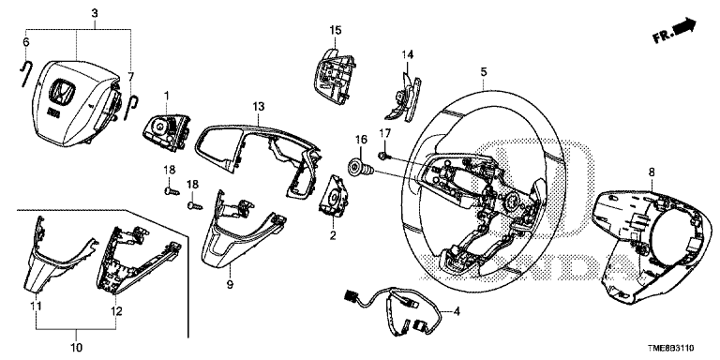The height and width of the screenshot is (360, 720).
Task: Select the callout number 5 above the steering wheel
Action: pyautogui.click(x=484, y=71)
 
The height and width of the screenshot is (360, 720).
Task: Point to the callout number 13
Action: pyautogui.click(x=259, y=107)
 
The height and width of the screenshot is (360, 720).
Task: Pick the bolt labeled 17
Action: pyautogui.click(x=384, y=157)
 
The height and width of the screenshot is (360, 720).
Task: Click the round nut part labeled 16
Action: pyautogui.click(x=361, y=168)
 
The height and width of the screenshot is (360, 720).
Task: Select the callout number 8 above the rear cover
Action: pyautogui.click(x=652, y=172)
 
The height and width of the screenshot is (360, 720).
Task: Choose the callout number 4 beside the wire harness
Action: pyautogui.click(x=457, y=312)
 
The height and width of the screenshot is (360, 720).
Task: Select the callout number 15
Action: pyautogui.click(x=336, y=30)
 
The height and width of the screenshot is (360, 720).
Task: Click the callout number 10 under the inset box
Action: pyautogui.click(x=76, y=347)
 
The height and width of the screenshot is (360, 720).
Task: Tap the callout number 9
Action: pyautogui.click(x=230, y=285)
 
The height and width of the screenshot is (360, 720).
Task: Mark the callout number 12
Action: pyautogui.click(x=116, y=311)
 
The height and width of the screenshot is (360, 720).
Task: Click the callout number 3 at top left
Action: pyautogui.click(x=94, y=13)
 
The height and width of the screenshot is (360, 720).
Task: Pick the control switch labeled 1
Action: pyautogui.click(x=165, y=132)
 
